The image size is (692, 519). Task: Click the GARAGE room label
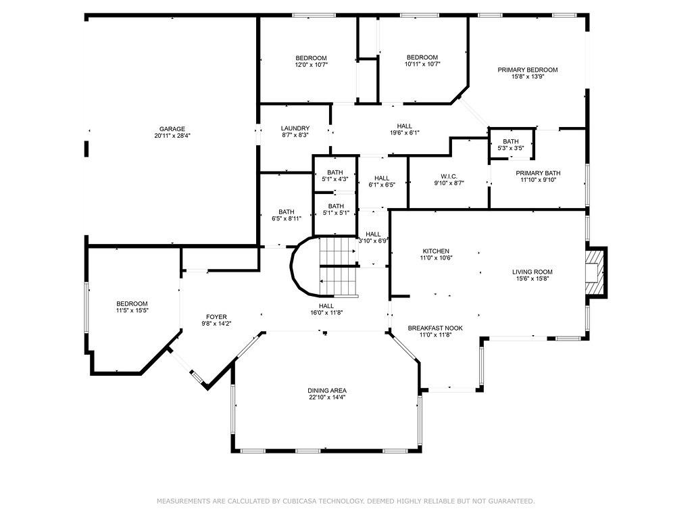(172, 129)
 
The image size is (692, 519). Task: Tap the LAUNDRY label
(295, 128)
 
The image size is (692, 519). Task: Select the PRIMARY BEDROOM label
(527, 70)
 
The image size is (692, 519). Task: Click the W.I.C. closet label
(449, 176)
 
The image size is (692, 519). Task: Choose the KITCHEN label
(436, 251)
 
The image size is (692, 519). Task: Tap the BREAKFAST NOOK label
(435, 328)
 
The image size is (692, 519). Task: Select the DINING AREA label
(327, 391)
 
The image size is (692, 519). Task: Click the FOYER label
(216, 316)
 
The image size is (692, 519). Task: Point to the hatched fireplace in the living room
(595, 272)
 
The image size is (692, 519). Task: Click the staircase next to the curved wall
(338, 266)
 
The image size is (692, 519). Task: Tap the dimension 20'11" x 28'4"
(172, 136)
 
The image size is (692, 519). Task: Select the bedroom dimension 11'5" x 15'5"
(132, 311)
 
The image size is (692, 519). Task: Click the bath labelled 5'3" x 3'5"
(511, 144)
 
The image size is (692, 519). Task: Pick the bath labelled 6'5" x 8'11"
(286, 215)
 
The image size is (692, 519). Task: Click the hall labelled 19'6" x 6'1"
(404, 129)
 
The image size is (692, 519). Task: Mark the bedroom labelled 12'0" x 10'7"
(311, 61)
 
